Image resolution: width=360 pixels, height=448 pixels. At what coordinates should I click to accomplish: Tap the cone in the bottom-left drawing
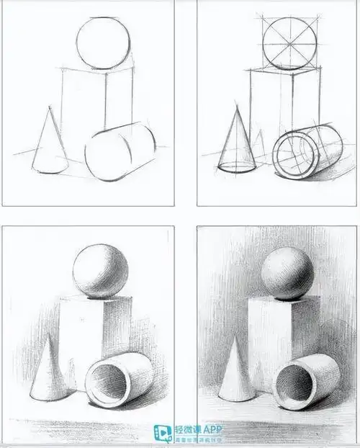click(x=48, y=375)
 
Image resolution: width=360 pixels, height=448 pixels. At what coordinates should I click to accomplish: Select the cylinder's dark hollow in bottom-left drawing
click(x=105, y=385)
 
